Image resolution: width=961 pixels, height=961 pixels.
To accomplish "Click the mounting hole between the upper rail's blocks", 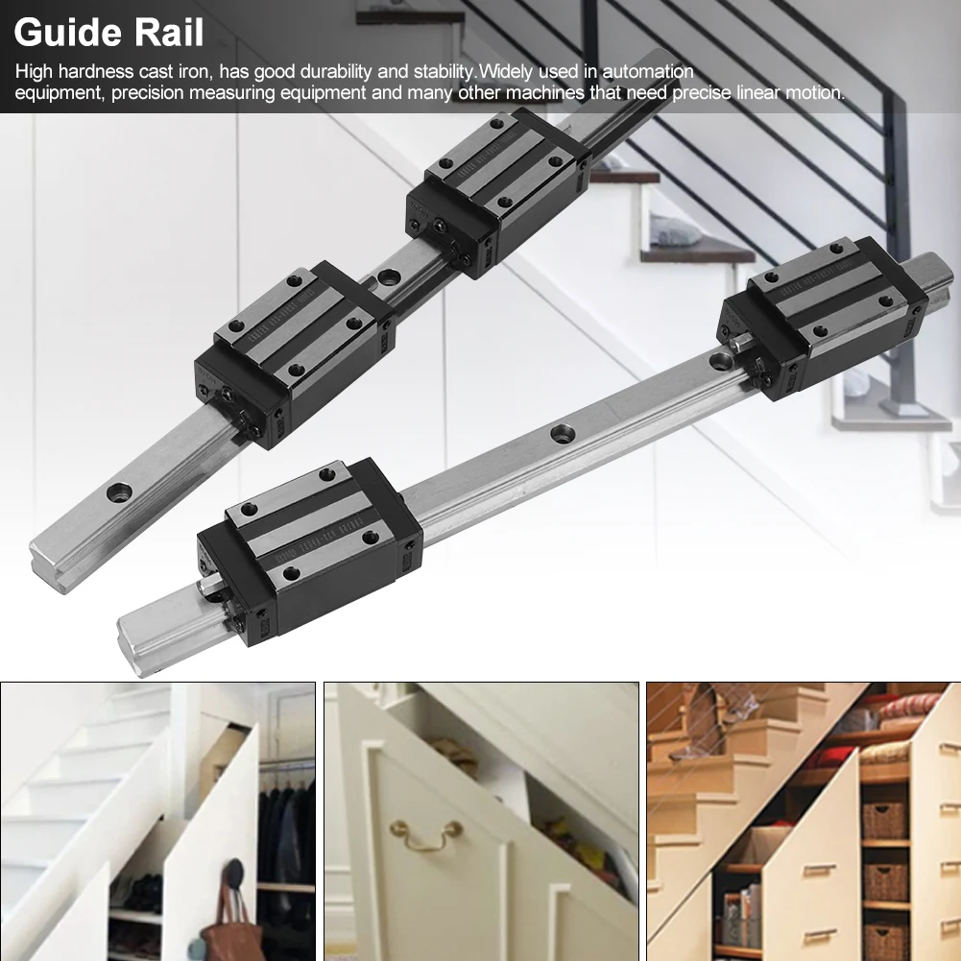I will point(389,278).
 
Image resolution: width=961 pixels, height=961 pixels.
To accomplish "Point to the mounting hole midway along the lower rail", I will point(560,433).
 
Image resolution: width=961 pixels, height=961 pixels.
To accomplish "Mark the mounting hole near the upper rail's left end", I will point(120,493).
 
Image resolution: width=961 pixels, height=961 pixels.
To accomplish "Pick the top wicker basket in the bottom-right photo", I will point(884,821).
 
